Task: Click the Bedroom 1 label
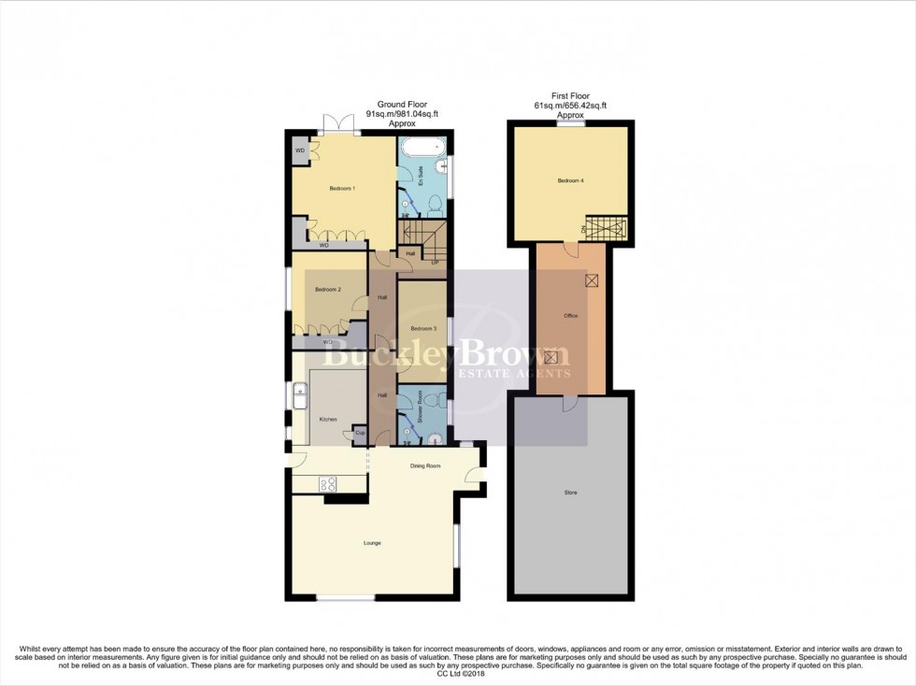point(341,189)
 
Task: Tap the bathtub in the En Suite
point(422,148)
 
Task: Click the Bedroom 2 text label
point(327,290)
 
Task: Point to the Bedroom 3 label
point(422,328)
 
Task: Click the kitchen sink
point(302,396)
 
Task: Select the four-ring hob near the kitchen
point(329,483)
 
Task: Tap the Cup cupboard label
point(359,433)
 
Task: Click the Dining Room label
point(424,465)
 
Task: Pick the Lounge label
point(372,542)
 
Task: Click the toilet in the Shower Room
point(436,436)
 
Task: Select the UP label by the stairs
point(435,262)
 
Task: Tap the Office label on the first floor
point(570,316)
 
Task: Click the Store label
point(570,492)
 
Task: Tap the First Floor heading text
point(569,96)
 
